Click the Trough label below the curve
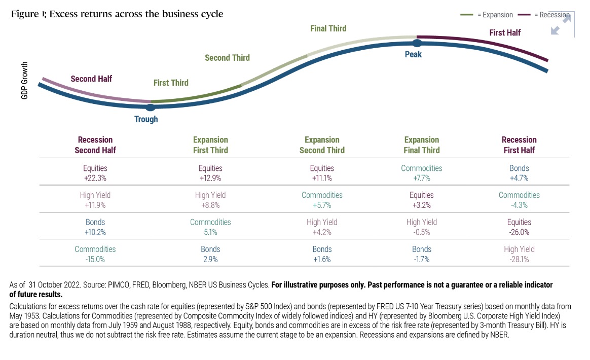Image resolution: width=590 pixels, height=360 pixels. coord(146,120)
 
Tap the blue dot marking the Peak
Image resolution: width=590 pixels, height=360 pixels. coord(417,44)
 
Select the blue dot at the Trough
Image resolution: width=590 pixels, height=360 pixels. coord(150,107)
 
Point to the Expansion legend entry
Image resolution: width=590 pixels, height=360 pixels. coord(487,15)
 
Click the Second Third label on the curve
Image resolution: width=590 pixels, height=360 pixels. coord(227,58)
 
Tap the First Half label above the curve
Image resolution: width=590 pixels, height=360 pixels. coord(505,32)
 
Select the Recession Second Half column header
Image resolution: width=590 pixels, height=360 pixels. coord(95,145)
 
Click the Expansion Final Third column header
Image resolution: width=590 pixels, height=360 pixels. coord(422,145)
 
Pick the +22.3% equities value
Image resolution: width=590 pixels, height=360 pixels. coord(95,178)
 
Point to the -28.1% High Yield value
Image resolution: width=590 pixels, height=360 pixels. coord(519,259)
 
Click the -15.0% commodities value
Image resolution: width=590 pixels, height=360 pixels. coord(95,259)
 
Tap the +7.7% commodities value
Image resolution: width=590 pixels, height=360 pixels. coord(422,178)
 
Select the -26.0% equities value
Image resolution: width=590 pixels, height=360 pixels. coord(519,232)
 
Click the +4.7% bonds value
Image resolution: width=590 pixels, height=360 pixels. coord(519,178)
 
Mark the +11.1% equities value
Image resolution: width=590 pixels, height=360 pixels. coord(322,178)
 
